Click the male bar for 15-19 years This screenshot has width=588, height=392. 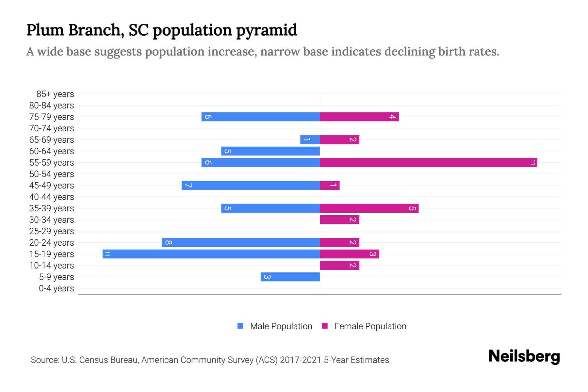point(211,254)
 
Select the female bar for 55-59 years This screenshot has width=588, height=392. point(428,162)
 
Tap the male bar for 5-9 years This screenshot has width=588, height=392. point(290,277)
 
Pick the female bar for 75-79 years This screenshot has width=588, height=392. point(359,117)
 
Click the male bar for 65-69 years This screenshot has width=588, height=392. point(310,139)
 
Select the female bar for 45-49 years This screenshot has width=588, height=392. point(330,185)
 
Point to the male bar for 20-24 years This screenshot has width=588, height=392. point(241,242)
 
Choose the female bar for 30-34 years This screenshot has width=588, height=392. point(339,220)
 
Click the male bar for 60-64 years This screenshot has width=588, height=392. point(270,151)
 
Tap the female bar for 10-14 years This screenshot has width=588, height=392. point(339,265)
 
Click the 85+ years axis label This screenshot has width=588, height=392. point(55,94)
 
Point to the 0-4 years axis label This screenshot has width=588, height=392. point(56,288)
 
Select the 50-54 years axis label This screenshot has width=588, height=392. point(52,174)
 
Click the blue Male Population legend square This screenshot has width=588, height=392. point(240,326)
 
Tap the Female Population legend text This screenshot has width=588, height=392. point(370,326)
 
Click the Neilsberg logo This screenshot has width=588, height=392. point(524,356)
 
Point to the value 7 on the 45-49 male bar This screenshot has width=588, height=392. point(188,186)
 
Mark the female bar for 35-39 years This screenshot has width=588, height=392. point(369,208)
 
